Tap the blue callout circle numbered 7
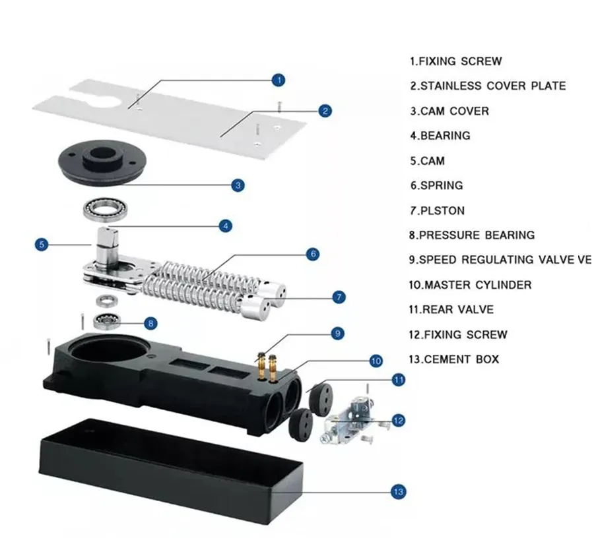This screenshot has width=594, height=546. tap(339, 297)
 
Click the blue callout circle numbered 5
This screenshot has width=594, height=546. tap(42, 245)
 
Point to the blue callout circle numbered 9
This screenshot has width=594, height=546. tap(337, 334)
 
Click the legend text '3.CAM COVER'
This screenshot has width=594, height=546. tap(449, 111)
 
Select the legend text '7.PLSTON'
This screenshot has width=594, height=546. tap(438, 211)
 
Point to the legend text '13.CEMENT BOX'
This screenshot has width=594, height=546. tap(454, 359)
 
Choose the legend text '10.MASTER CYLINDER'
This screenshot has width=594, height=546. tap(470, 285)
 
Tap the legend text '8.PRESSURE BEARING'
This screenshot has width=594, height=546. tap(472, 235)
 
